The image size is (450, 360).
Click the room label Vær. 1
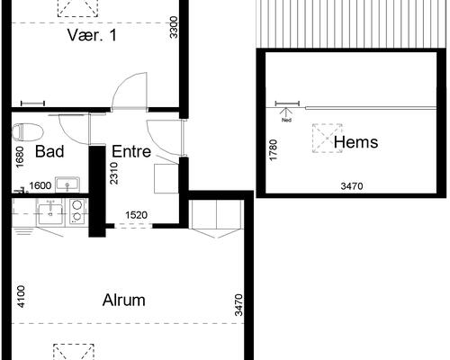point(92,35)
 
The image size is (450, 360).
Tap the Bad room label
point(49,151)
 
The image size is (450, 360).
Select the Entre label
point(131,151)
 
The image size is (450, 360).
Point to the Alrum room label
point(124,300)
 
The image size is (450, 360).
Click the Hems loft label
point(355,141)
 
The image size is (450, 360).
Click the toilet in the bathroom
point(27,132)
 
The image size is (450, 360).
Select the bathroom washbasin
point(67,184)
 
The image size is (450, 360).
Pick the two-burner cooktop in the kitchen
point(77,211)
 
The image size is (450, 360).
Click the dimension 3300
point(174,27)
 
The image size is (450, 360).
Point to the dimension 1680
point(20,157)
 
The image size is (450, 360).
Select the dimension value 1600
point(40,185)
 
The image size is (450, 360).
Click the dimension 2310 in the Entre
point(114,174)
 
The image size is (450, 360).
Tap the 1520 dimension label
point(137,215)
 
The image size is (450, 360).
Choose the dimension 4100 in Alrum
point(22,297)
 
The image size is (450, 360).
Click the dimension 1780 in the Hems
point(274,150)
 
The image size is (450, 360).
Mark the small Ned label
point(287,121)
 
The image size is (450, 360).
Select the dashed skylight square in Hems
point(328,139)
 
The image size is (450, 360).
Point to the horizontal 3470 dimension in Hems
point(352,186)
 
